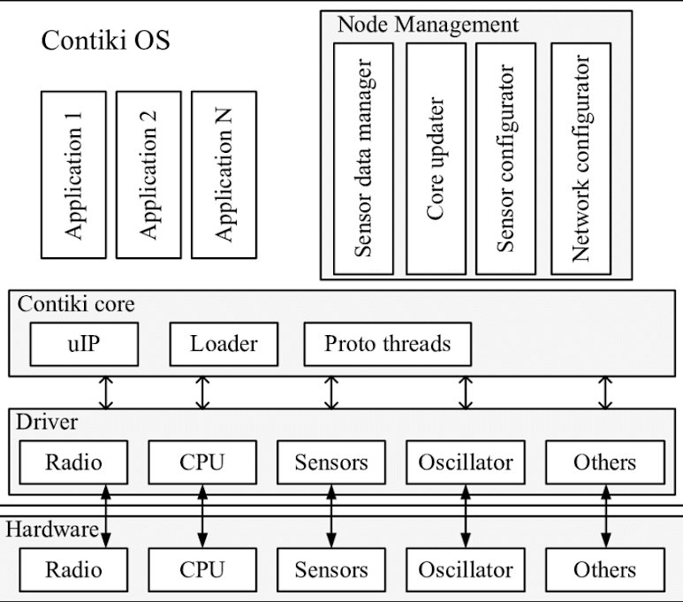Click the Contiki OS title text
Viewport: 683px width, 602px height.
point(105,40)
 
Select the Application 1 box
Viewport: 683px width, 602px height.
point(73,175)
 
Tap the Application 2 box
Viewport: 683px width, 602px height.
point(148,175)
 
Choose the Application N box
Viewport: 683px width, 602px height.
point(224,175)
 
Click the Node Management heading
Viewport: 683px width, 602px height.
point(429,25)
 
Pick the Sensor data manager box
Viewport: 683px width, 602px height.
point(363,158)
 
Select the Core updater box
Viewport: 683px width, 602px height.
point(436,158)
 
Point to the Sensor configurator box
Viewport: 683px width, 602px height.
point(505,158)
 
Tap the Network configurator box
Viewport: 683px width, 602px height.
point(581,158)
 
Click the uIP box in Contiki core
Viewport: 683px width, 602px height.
point(84,344)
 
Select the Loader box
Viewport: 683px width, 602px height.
point(224,344)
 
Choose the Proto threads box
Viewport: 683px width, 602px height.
point(388,344)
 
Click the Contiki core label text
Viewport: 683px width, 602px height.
point(76,304)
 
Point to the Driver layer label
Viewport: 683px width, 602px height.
point(47,422)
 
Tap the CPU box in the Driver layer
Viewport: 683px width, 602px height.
point(202,462)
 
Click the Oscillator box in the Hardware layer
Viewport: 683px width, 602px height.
point(466,570)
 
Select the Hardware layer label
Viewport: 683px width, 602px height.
point(52,530)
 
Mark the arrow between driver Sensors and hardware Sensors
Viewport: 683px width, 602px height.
point(331,516)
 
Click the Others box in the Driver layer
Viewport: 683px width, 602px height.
point(605,462)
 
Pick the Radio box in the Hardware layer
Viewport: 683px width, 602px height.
point(73,570)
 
